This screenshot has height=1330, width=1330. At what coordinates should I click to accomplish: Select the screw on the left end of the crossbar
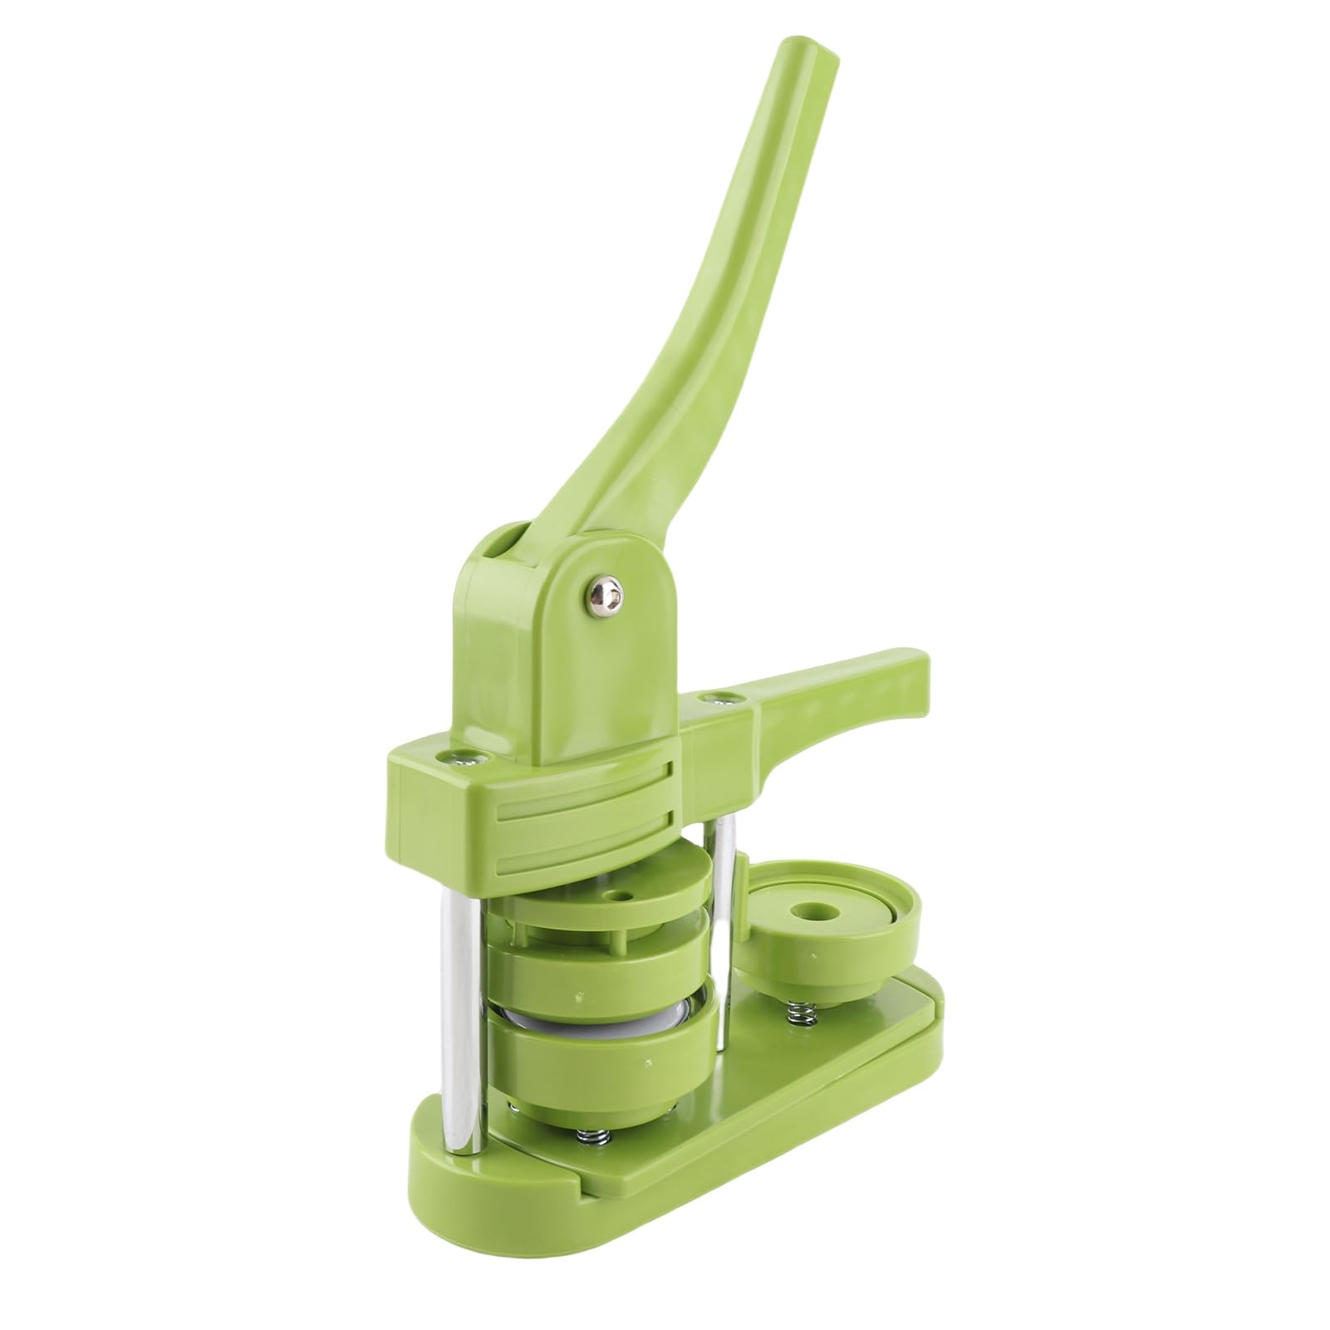(x=458, y=755)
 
